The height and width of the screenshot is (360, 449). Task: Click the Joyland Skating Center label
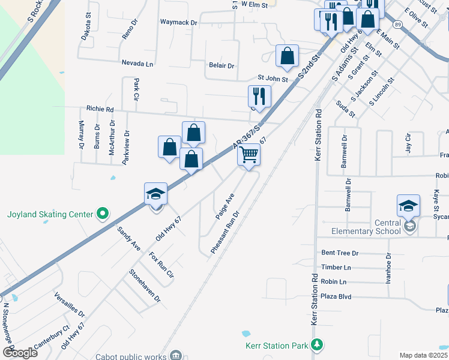50,214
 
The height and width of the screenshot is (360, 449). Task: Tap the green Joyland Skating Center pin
103,214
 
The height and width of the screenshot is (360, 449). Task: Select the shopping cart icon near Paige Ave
249,155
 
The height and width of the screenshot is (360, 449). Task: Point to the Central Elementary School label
366,227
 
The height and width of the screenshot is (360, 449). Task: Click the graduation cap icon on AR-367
155,194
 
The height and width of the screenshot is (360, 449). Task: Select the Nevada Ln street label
137,63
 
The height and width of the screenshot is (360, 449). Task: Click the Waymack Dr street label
178,22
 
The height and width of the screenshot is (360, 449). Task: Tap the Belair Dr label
221,65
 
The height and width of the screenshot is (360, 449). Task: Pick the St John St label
273,78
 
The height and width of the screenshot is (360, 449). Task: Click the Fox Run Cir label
161,266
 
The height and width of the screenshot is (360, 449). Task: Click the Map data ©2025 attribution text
423,355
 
